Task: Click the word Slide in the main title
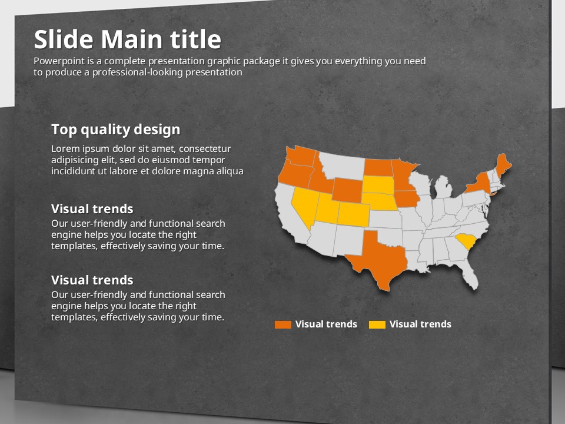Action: (64, 39)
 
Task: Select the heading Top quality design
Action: (116, 130)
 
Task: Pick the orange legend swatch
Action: (283, 324)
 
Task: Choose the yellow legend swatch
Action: (377, 324)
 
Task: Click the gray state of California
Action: (290, 216)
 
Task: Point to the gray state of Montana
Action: (343, 165)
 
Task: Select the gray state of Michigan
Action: (443, 187)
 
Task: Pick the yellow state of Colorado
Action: (354, 214)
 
